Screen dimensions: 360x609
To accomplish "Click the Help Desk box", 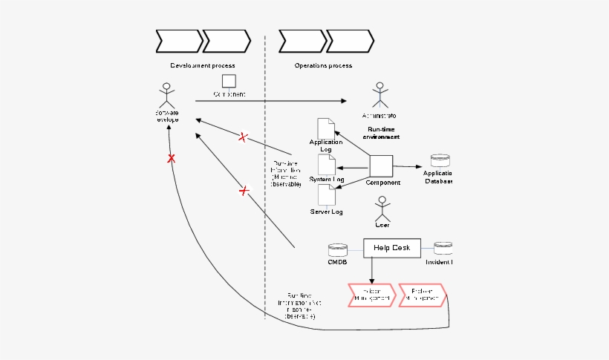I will pyautogui.click(x=391, y=247).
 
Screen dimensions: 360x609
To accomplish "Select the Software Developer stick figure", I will pyautogui.click(x=167, y=94).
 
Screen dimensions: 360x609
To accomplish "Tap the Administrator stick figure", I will pyautogui.click(x=380, y=95).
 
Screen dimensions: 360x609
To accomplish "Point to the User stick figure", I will pyautogui.click(x=382, y=208).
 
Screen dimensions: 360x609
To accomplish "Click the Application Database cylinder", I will pyautogui.click(x=440, y=161).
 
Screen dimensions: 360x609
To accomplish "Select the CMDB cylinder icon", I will pyautogui.click(x=338, y=249).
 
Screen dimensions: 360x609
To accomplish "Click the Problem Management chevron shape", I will pyautogui.click(x=421, y=295).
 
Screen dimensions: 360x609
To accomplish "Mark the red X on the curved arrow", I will pyautogui.click(x=171, y=159).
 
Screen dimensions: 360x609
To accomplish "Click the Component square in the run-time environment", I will pyautogui.click(x=381, y=166).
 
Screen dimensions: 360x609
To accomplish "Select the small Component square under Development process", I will pyautogui.click(x=229, y=80).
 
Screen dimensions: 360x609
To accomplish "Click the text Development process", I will pyautogui.click(x=202, y=65).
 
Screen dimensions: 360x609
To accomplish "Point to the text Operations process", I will pyautogui.click(x=323, y=65).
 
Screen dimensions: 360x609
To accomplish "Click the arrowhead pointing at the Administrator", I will pyautogui.click(x=343, y=101).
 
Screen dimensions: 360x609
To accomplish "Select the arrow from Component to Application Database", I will pyautogui.click(x=408, y=166).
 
